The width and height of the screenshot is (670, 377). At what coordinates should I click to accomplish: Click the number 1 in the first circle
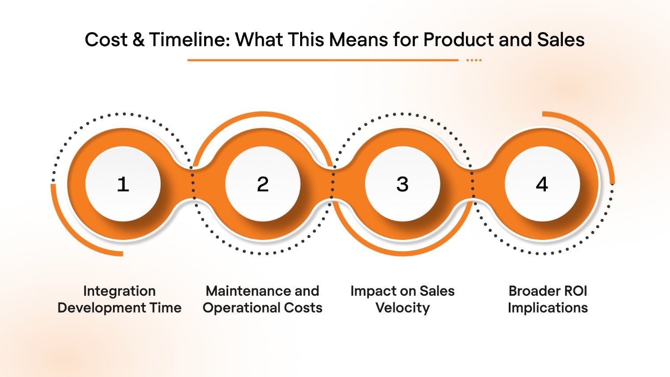(x=123, y=184)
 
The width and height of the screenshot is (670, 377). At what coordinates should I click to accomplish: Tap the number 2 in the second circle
(x=263, y=184)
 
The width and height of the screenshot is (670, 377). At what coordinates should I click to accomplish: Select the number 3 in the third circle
(x=402, y=184)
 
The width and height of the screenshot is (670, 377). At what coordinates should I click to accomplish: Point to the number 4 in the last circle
(x=542, y=184)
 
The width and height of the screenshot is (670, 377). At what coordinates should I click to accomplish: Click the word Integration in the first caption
(x=119, y=291)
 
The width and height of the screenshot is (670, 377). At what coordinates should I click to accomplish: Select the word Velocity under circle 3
(x=402, y=308)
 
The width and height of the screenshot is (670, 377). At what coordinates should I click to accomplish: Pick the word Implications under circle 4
(x=548, y=308)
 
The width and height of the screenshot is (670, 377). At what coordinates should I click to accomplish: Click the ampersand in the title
(x=138, y=40)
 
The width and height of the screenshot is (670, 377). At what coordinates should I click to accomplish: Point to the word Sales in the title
(x=561, y=40)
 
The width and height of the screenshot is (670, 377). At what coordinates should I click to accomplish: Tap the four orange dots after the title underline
(x=474, y=60)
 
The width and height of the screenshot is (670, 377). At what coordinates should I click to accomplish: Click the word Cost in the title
(x=106, y=40)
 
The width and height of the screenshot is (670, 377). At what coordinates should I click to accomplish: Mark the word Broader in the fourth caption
(x=529, y=291)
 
